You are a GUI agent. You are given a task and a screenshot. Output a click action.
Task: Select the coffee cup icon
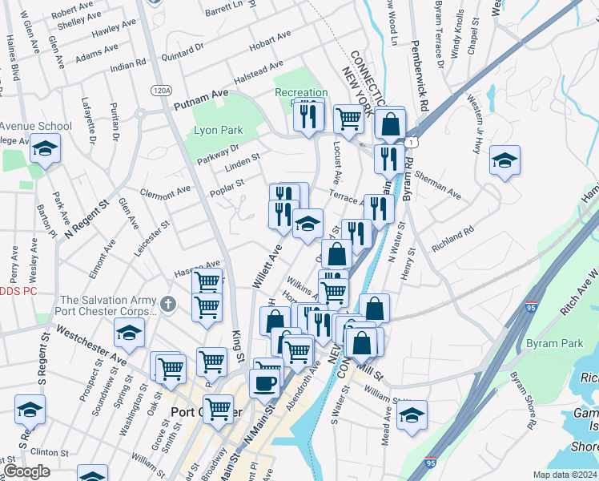[264, 382]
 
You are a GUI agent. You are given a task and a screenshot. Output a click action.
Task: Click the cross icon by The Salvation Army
[167, 304]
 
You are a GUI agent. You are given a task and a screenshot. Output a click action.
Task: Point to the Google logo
[26, 471]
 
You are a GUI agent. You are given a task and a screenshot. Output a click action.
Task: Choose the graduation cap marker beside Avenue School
[46, 149]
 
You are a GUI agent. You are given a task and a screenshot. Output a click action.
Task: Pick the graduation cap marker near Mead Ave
[412, 414]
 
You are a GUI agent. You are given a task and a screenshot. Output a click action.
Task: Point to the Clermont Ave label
[166, 192]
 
